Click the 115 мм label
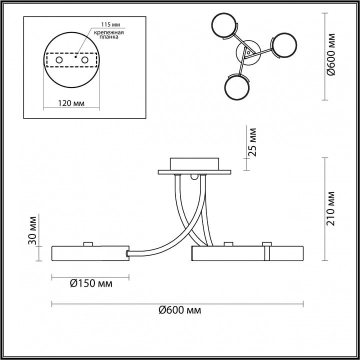pyautogui.click(x=110, y=24)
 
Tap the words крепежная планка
pyautogui.click(x=109, y=34)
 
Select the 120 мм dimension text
pyautogui.click(x=71, y=103)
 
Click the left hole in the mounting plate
pyautogui.click(x=59, y=60)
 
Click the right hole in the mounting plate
pyautogui.click(x=84, y=60)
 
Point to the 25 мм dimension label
pyautogui.click(x=252, y=142)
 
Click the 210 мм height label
pyautogui.click(x=331, y=208)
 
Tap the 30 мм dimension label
pyautogui.click(x=32, y=230)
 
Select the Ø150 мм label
pyautogui.click(x=91, y=284)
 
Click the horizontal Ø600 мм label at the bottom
pyautogui.click(x=180, y=310)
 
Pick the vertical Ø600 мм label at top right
pyautogui.click(x=331, y=54)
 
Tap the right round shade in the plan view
pyautogui.click(x=284, y=45)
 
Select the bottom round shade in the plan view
pyautogui.click(x=237, y=87)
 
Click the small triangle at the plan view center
pyautogui.click(x=248, y=52)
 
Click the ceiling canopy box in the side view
pyautogui.click(x=194, y=164)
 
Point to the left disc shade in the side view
pyautogui.click(x=90, y=253)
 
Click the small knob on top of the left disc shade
pyautogui.click(x=88, y=244)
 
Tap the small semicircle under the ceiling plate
pyautogui.click(x=194, y=177)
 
